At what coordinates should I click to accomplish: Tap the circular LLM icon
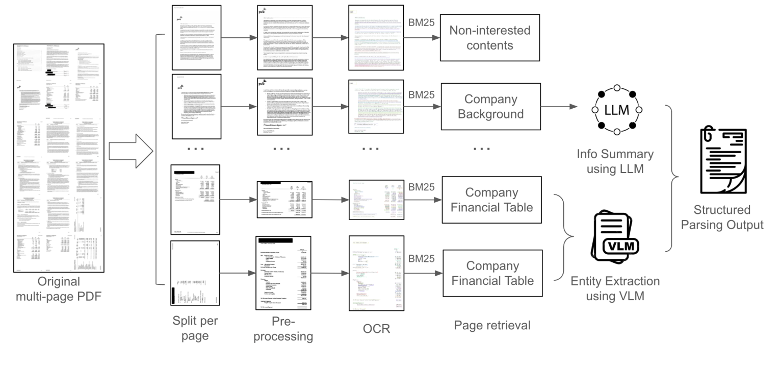616,110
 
